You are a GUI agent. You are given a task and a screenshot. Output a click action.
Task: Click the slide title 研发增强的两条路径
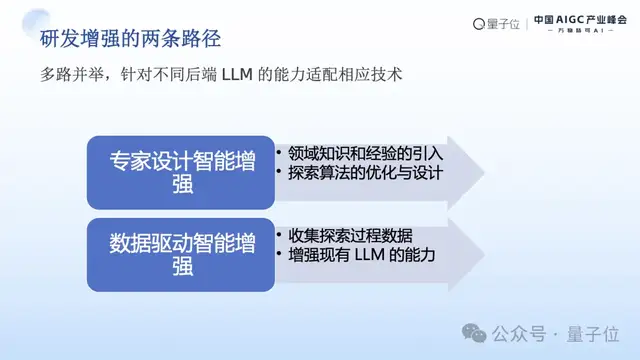click(x=130, y=39)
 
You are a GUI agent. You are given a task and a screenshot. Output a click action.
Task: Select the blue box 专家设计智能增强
click(x=183, y=171)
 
